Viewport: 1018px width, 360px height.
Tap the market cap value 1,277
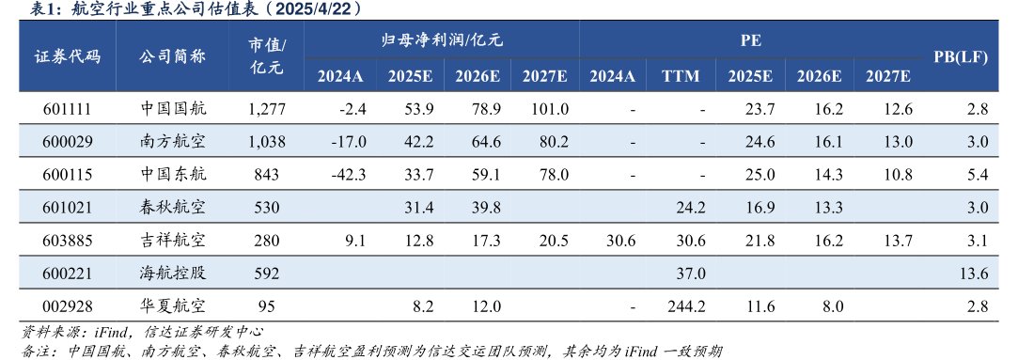pyautogui.click(x=267, y=109)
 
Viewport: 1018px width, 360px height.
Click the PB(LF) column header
pyautogui.click(x=960, y=57)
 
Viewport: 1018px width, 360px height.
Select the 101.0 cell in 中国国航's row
pyautogui.click(x=546, y=109)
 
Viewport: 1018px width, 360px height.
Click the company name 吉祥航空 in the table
pyautogui.click(x=172, y=242)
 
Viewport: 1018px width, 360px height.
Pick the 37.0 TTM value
pyautogui.click(x=690, y=274)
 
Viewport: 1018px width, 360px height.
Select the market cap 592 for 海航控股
pyautogui.click(x=267, y=274)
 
